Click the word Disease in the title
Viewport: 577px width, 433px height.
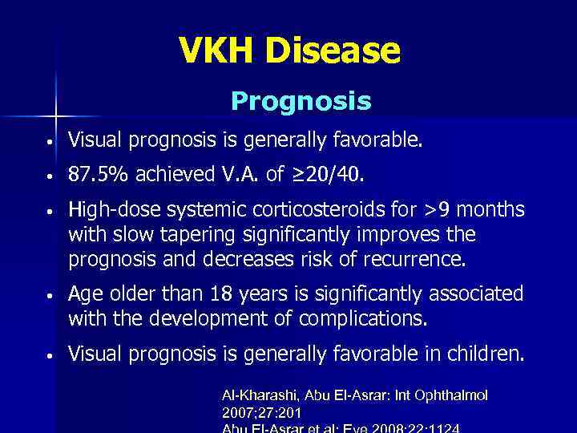(x=334, y=51)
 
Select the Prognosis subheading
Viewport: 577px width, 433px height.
(x=301, y=102)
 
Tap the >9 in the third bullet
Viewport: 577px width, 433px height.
(x=443, y=210)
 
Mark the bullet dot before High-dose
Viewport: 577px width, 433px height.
(x=50, y=212)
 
